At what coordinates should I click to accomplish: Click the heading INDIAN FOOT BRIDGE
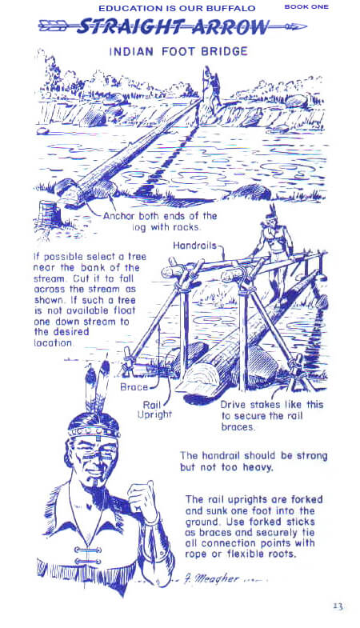coord(178,52)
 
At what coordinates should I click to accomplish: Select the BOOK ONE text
coord(306,6)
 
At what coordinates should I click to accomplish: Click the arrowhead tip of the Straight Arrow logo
coord(306,27)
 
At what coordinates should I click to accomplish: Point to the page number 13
coord(338,606)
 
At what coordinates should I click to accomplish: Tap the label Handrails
coord(194,245)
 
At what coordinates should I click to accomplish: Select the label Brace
coord(134,387)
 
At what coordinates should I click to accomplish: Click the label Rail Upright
coord(154,410)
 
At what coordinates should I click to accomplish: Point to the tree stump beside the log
coord(49,213)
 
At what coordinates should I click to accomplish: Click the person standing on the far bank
coord(210,89)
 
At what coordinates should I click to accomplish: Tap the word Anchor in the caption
coord(118,216)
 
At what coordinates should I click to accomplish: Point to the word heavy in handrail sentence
coord(258,467)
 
